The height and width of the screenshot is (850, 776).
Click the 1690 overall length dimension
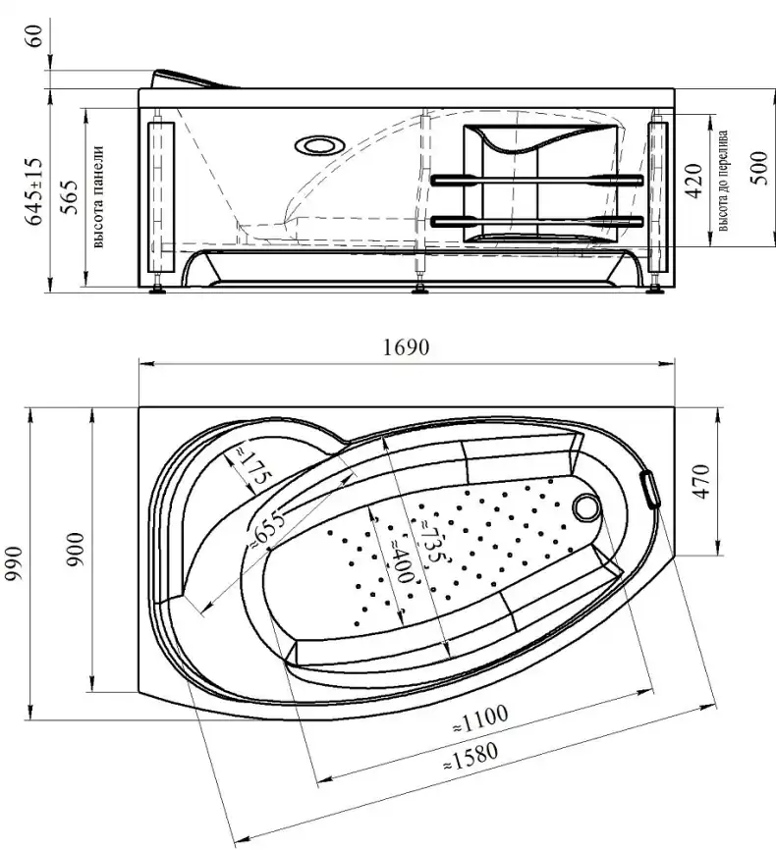(x=406, y=346)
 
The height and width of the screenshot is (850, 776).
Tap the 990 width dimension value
(x=15, y=564)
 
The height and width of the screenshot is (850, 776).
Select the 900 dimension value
(x=76, y=550)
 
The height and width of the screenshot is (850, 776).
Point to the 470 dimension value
(x=701, y=481)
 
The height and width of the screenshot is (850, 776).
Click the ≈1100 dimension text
(x=480, y=718)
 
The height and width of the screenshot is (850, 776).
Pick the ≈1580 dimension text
(x=471, y=757)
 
